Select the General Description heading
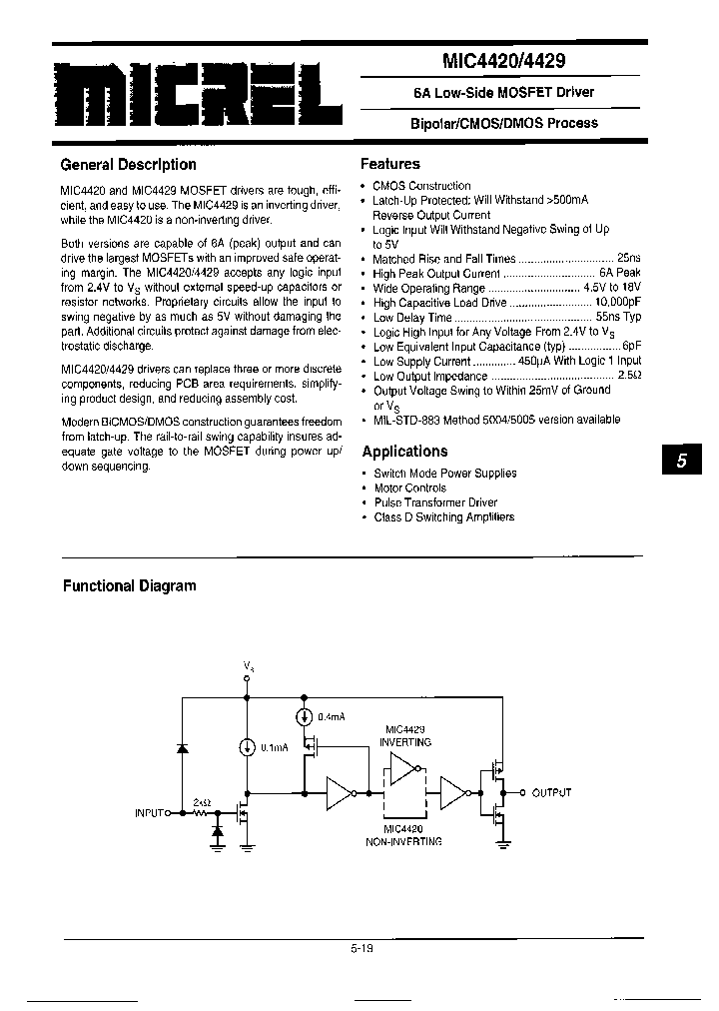point(129,165)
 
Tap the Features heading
point(389,164)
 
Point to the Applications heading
point(404,452)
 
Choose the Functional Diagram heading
point(130,586)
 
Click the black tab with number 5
point(681,461)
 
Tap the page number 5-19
point(360,950)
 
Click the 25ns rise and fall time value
point(628,259)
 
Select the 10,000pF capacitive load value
point(617,303)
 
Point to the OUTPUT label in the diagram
point(551,792)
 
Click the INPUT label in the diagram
point(154,813)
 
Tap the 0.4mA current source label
point(332,717)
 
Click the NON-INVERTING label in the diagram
point(403,842)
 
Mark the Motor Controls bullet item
point(409,489)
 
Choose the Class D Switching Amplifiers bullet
point(443,517)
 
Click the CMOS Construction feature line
point(421,186)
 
